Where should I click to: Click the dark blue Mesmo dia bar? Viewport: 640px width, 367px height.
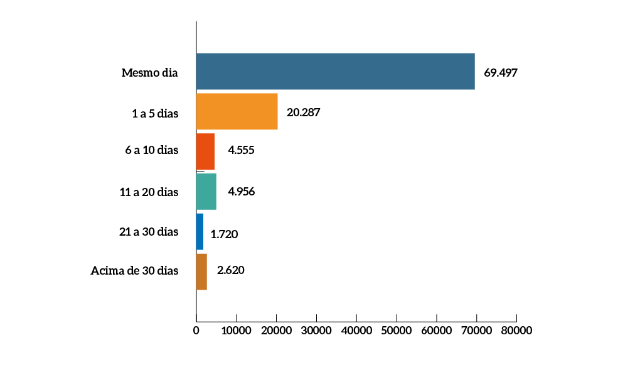[335, 71]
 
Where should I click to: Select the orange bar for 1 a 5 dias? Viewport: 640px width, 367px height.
[237, 111]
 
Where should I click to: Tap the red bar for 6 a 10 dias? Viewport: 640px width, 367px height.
[205, 151]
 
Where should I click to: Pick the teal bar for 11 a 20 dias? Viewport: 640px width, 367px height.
[206, 191]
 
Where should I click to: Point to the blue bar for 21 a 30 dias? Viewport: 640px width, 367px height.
[200, 231]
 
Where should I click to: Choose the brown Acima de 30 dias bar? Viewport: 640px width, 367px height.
[201, 271]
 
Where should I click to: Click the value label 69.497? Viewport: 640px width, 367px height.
[500, 72]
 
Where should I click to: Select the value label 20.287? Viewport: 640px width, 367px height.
[304, 112]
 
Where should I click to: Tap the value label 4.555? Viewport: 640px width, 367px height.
[241, 151]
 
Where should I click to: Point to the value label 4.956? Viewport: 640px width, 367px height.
[242, 191]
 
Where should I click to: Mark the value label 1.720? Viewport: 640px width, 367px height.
[224, 234]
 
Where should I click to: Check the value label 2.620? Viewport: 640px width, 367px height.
[230, 271]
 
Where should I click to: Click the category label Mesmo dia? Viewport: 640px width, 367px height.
[150, 73]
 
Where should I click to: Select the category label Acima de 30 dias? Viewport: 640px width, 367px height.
[134, 271]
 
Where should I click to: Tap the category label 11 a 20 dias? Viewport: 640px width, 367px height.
[149, 192]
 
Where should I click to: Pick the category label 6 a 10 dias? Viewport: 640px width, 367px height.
[151, 151]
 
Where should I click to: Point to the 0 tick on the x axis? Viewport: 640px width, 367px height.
[196, 330]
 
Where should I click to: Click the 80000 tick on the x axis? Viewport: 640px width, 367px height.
[516, 330]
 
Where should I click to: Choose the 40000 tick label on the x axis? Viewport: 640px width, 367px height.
[356, 330]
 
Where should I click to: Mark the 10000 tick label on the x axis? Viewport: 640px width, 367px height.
[236, 330]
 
